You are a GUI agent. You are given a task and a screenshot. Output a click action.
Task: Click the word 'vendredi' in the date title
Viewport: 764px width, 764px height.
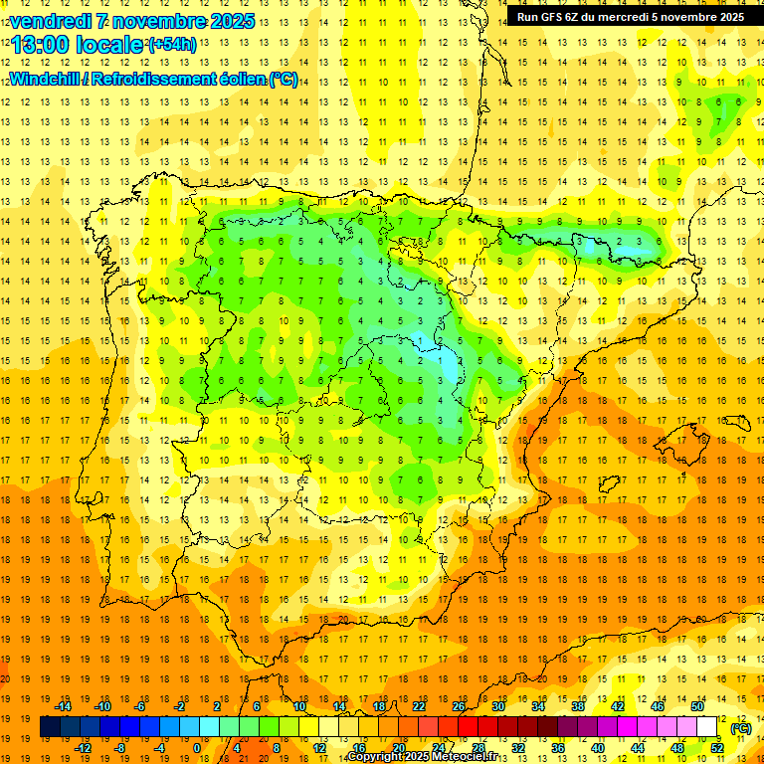pos(50,21)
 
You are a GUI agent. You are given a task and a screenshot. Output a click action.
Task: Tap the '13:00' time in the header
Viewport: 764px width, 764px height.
pos(41,45)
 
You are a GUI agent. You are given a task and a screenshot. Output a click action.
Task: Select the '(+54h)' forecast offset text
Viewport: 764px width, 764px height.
pos(172,45)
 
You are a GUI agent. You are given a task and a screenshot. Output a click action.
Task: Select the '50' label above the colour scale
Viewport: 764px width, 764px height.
pos(697,706)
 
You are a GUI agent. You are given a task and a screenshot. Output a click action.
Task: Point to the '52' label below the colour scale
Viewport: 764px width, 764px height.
pos(717,748)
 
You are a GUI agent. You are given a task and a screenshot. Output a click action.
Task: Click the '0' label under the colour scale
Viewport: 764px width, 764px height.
pos(197,748)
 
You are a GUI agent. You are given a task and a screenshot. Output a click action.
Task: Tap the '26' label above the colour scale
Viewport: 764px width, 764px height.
pos(459,706)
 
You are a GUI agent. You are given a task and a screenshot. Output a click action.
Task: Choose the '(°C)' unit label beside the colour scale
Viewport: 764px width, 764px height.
pos(741,728)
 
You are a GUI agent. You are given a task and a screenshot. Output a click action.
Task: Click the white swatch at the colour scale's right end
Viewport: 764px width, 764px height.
pos(707,727)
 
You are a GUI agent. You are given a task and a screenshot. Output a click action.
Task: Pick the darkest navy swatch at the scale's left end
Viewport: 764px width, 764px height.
pos(50,727)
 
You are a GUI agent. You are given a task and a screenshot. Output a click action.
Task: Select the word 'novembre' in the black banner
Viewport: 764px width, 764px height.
pos(685,17)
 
